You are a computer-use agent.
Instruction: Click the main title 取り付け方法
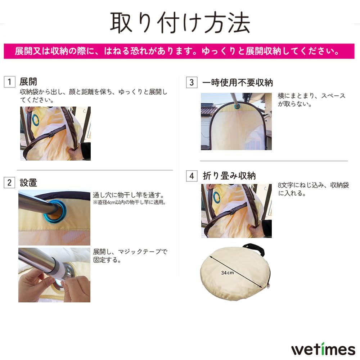180,23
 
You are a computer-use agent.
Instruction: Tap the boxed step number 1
9,82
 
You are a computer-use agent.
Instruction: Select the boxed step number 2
9,183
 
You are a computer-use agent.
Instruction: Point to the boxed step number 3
192,82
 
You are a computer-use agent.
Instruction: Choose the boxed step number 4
192,176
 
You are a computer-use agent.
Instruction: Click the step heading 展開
28,82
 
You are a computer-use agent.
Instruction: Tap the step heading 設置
28,183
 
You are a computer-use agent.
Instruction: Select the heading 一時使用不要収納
238,82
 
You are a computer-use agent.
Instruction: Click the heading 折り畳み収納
229,176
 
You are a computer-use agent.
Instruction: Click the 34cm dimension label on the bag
228,273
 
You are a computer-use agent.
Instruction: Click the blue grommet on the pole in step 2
57,210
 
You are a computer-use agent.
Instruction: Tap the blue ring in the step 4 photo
217,197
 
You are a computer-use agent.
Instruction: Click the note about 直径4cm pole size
129,202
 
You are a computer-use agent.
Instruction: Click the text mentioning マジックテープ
130,255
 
